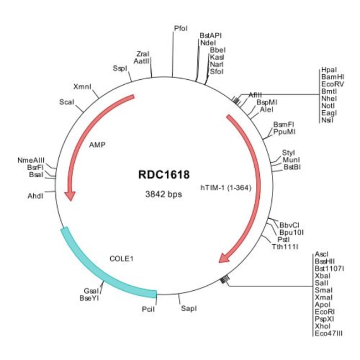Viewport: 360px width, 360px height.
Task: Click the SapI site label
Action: tap(188, 307)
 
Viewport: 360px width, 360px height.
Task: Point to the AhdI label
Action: tap(35, 196)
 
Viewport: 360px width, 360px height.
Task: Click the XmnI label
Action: tap(82, 87)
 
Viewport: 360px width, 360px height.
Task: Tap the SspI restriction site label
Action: tap(120, 68)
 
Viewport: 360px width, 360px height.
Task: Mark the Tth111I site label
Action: tap(285, 246)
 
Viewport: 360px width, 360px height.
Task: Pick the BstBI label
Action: tap(292, 167)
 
